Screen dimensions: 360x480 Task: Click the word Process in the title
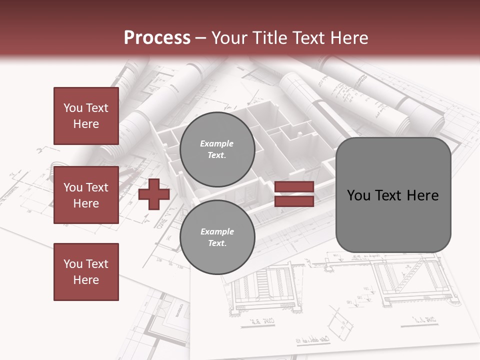(x=157, y=38)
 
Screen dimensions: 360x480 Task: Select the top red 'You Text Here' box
(x=86, y=116)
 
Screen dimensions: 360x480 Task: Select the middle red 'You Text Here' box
(x=86, y=195)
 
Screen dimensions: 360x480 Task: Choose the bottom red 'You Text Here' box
(x=86, y=272)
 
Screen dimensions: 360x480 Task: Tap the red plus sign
(x=154, y=194)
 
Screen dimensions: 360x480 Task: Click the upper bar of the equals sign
(x=294, y=187)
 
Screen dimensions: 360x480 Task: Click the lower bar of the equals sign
(x=294, y=201)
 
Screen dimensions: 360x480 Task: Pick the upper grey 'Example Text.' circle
(x=217, y=149)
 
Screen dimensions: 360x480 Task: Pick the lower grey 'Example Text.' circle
(x=217, y=237)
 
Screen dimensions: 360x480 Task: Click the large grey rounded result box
(x=393, y=195)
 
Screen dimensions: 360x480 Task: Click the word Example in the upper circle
(x=217, y=143)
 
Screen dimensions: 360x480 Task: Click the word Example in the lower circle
(x=217, y=231)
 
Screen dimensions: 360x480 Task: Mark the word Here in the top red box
(x=86, y=124)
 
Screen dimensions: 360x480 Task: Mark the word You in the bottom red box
(x=73, y=264)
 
